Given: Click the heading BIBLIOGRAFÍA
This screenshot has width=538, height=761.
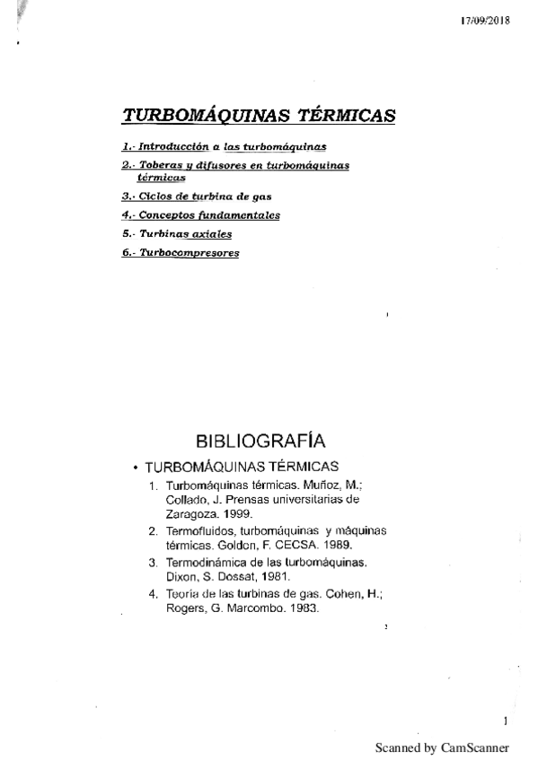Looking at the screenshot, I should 260,441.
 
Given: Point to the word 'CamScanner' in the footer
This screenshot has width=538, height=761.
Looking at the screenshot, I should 476,747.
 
